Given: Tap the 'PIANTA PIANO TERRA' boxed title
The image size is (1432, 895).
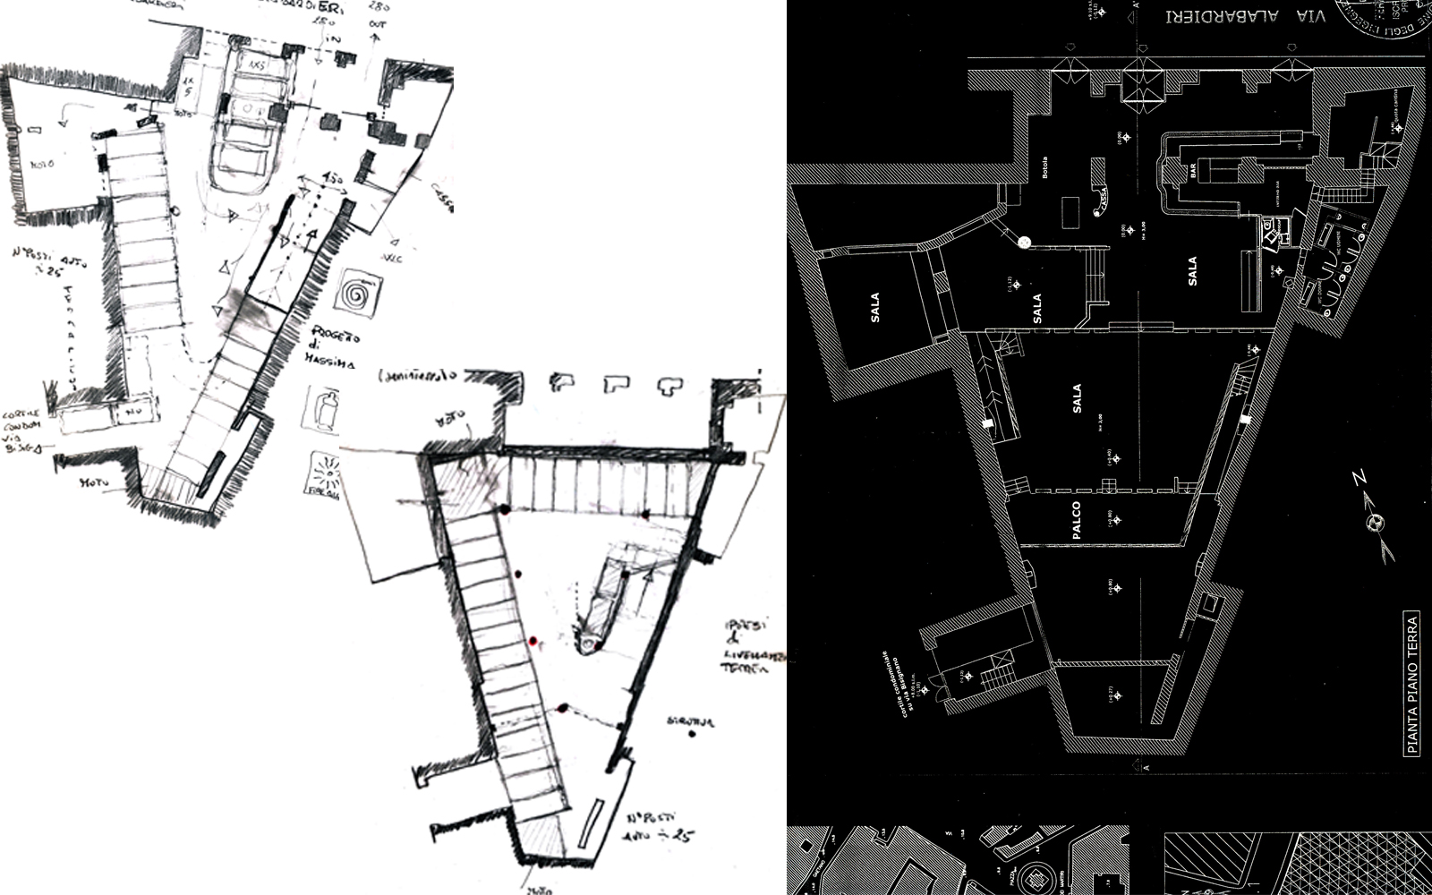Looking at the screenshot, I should [x=1413, y=685].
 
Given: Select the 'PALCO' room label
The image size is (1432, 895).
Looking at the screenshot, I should [x=1075, y=520].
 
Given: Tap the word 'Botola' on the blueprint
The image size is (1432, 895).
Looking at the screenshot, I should [x=1044, y=168].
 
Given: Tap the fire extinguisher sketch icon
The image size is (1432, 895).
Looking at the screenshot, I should [x=323, y=409].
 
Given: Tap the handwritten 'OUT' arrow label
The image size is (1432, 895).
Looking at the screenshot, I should [x=377, y=25].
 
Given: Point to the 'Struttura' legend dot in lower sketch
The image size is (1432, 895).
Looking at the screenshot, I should [x=693, y=735].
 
